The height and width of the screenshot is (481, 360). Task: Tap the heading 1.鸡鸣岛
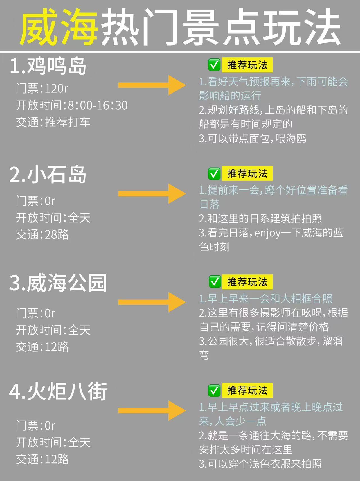tap(48, 66)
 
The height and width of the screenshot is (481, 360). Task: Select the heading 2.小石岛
tap(48, 175)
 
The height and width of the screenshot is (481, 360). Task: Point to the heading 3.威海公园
tap(58, 283)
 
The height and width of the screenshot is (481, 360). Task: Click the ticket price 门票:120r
tap(42, 89)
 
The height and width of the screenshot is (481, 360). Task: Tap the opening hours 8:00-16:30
tap(98, 105)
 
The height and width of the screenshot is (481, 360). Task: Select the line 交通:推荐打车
tap(53, 122)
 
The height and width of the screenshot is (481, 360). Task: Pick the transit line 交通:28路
tap(42, 234)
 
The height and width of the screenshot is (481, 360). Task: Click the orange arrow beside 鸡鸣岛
tap(152, 85)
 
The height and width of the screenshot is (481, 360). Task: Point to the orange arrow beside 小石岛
tap(152, 193)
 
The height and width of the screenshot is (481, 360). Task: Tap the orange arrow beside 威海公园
tap(152, 302)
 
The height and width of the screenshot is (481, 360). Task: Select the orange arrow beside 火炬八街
tap(152, 410)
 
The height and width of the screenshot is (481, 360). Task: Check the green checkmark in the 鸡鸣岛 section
tap(214, 65)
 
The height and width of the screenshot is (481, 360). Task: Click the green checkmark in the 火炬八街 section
tap(214, 390)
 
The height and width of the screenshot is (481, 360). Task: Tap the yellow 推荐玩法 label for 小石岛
tap(247, 173)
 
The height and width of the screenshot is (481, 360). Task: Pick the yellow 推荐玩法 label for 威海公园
tap(247, 282)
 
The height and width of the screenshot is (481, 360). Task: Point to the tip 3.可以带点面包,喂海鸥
tap(253, 138)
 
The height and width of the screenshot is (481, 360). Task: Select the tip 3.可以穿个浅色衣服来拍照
tap(260, 464)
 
